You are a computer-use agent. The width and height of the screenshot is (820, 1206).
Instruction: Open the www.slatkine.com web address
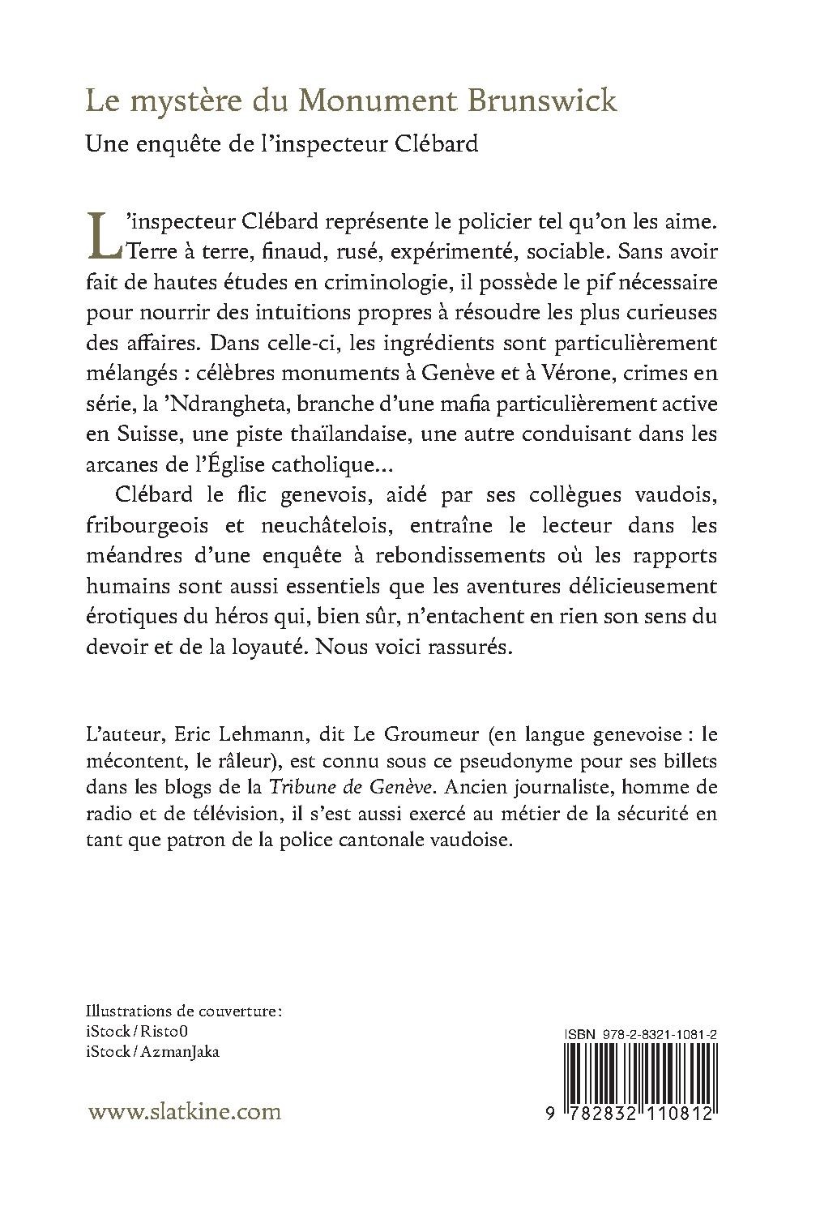point(184,1110)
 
